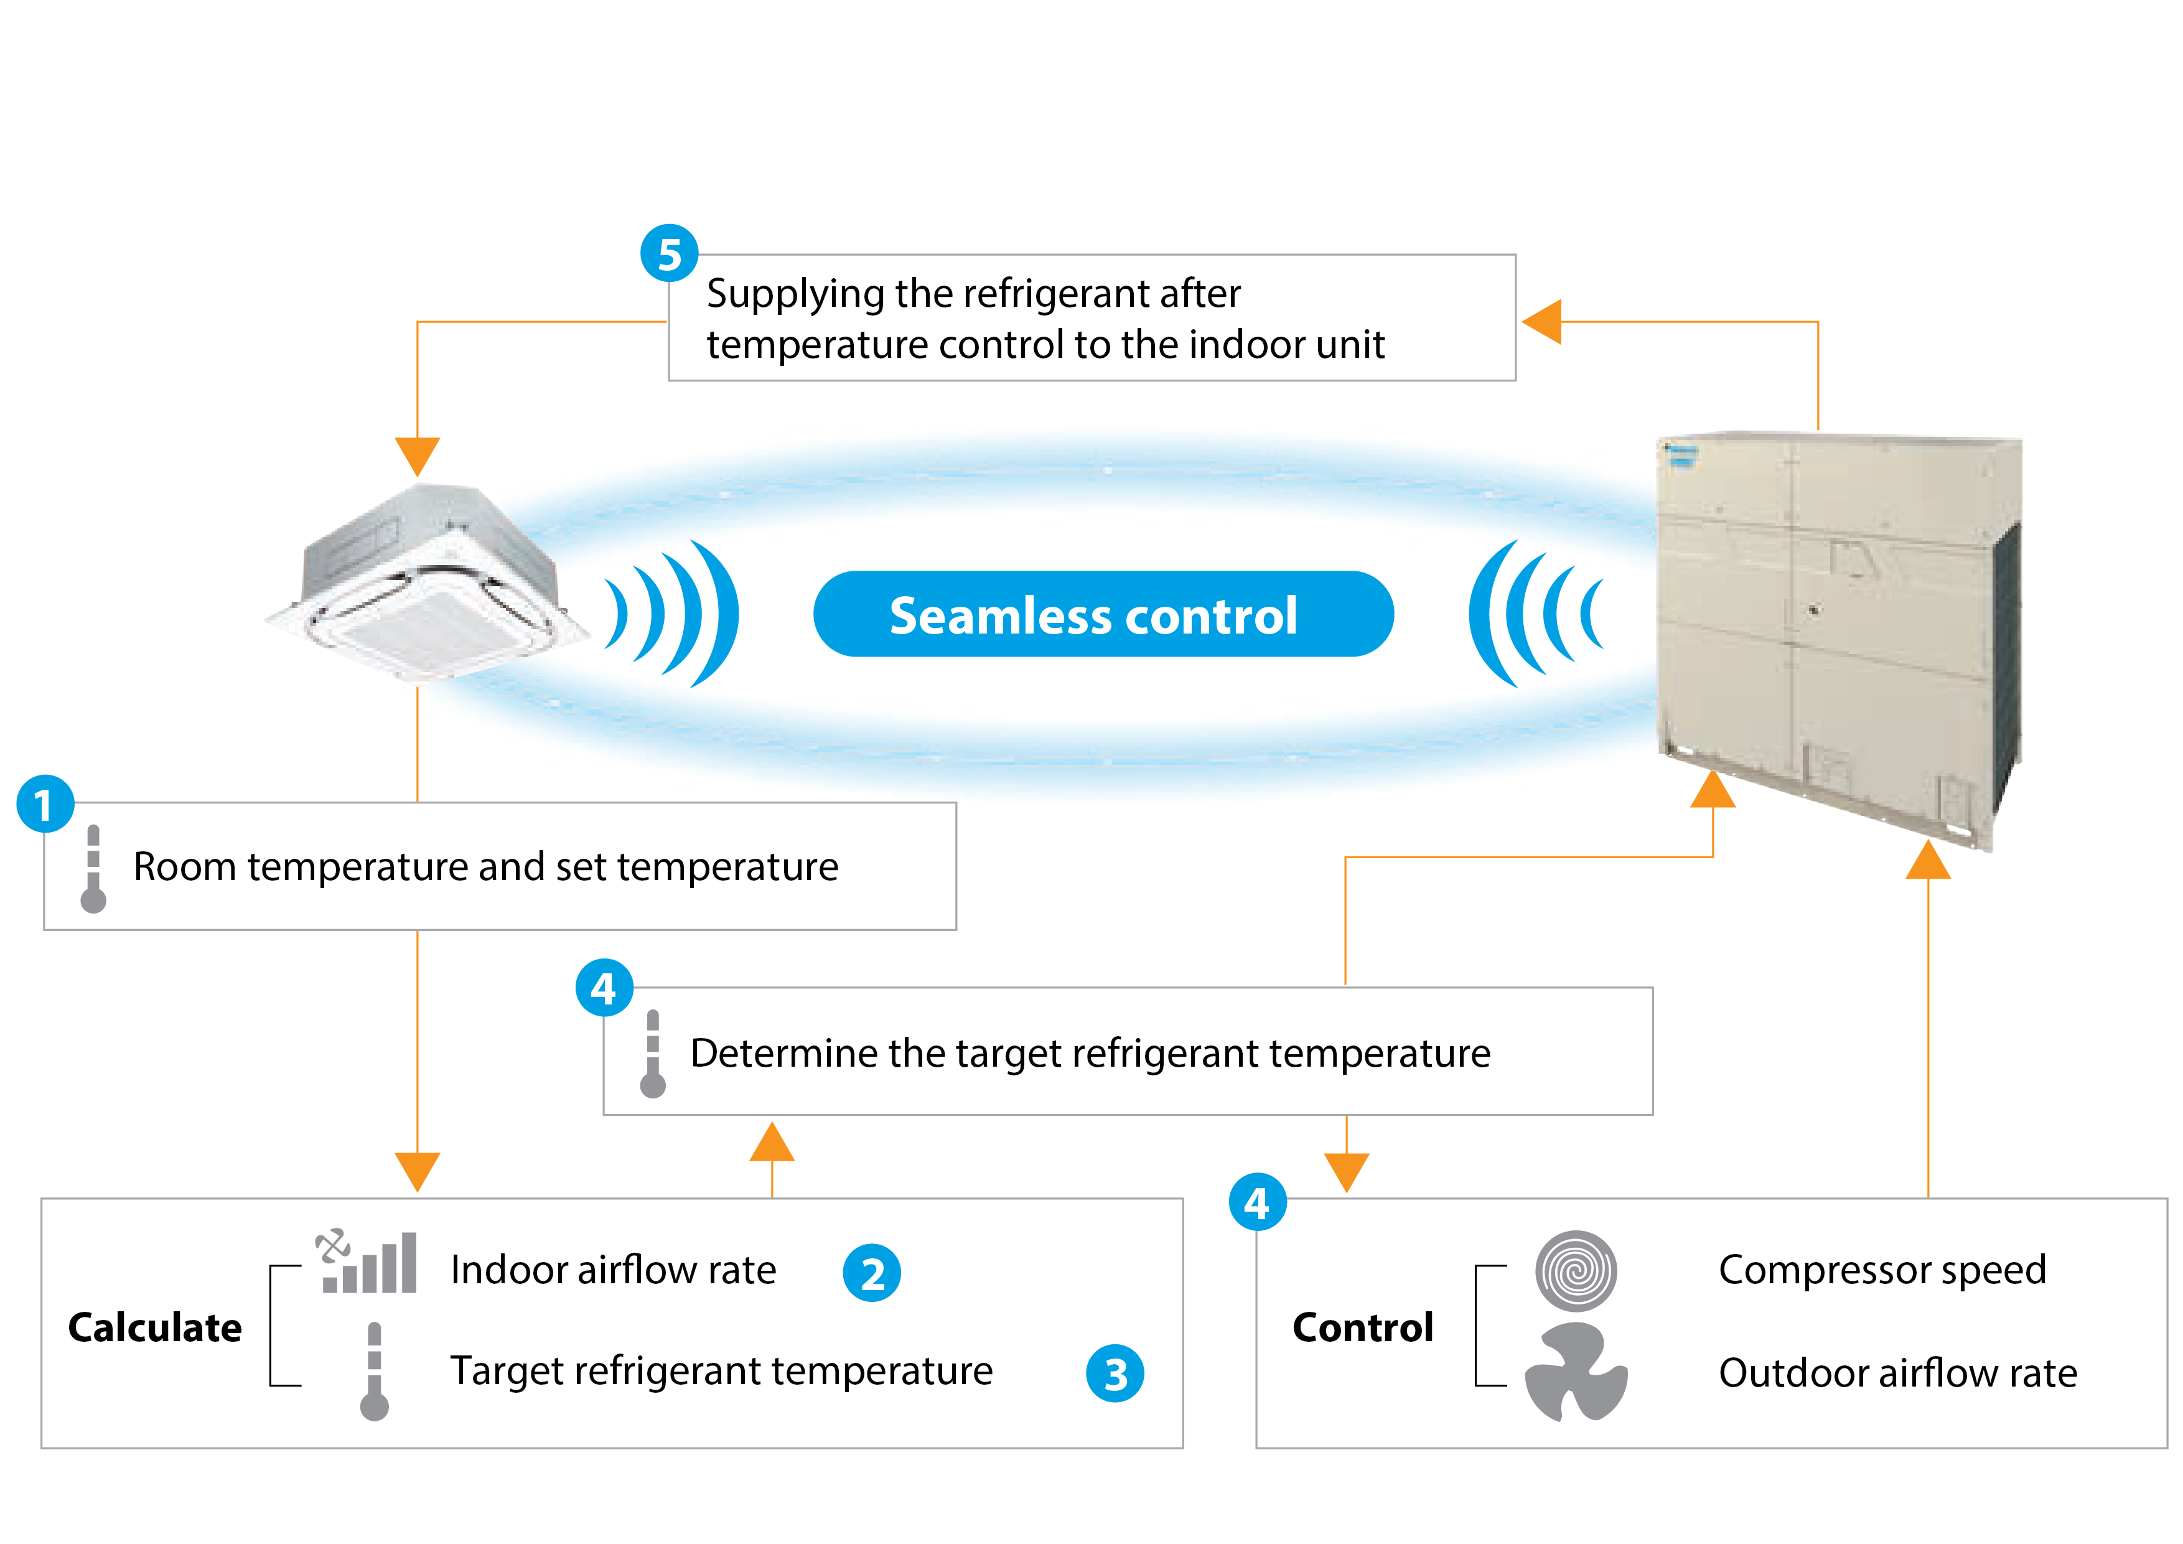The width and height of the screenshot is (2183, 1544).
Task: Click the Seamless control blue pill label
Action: pos(1103,614)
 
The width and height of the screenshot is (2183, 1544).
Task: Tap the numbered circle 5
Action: pos(670,254)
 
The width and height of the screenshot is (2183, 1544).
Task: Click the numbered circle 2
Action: pos(872,1273)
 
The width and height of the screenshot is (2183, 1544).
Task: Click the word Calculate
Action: pos(155,1327)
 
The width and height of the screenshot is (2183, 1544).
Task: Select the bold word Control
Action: pos(1362,1327)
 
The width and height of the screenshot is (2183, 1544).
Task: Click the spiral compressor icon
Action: pos(1576,1271)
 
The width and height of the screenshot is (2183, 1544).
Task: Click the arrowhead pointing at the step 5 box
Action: pos(1542,321)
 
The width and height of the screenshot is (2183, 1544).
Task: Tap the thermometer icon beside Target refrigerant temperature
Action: pos(375,1371)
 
